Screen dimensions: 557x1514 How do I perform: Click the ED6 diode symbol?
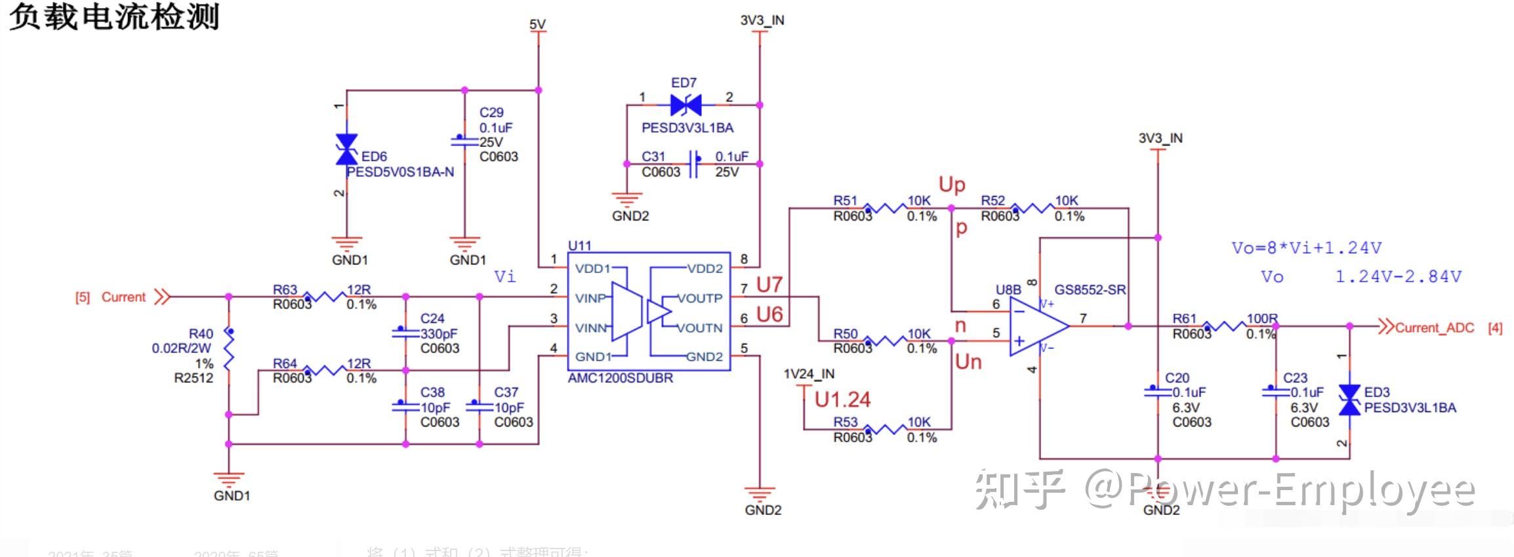coord(346,150)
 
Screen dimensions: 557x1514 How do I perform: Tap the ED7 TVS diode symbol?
coord(686,105)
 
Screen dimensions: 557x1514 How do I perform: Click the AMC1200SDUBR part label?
coord(620,379)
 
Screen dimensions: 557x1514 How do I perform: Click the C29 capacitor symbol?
coord(464,141)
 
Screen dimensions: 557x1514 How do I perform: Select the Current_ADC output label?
coord(1434,328)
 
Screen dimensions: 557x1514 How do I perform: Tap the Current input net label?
coord(123,297)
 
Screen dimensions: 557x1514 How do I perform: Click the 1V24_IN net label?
coord(809,374)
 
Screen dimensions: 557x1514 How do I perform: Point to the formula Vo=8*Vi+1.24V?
coord(1306,248)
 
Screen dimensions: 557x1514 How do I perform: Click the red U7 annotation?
coord(769,285)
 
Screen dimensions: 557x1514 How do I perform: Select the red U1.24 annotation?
coord(842,400)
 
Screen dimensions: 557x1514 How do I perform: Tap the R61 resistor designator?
coord(1184,319)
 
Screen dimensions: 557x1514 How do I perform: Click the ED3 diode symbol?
coord(1349,400)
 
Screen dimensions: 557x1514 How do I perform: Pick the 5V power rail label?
coord(537,24)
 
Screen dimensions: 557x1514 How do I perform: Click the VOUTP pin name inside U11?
coord(699,299)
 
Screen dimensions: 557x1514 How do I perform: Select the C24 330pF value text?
coord(439,333)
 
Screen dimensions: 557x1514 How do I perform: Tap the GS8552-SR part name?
coord(1090,290)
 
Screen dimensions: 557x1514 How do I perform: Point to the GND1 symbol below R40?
coord(229,480)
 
